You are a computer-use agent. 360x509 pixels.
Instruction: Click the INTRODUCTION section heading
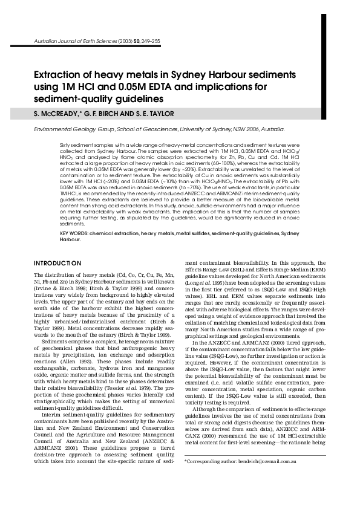pos(57,264)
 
